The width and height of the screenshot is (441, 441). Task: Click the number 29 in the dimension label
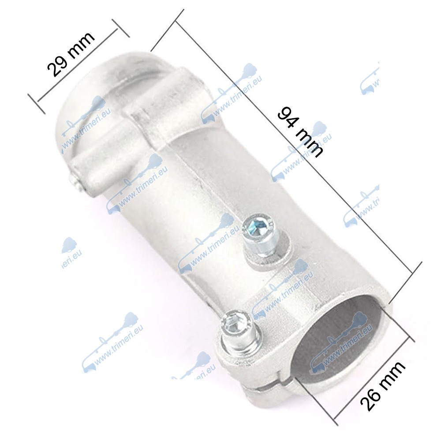(x=57, y=65)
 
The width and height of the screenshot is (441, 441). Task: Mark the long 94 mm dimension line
(x=294, y=148)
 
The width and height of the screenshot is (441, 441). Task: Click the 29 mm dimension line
(x=77, y=65)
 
